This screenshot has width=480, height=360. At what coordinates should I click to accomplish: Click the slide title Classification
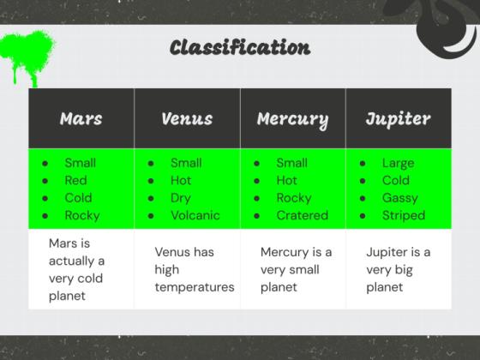240,47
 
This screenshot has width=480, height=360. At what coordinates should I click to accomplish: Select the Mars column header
81,118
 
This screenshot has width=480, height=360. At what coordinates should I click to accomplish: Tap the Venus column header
187,118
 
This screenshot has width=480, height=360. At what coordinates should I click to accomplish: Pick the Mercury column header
293,120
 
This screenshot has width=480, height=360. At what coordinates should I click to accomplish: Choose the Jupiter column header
399,119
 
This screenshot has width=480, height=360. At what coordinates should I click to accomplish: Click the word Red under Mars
75,180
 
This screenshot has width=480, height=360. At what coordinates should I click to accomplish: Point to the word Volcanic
195,215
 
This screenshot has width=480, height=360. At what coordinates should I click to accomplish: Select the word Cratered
302,215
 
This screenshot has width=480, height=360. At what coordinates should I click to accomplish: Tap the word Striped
404,216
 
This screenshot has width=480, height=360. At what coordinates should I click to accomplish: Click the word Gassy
399,198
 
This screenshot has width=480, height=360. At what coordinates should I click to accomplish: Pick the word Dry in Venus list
181,198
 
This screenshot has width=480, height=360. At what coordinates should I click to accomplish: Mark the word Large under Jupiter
398,164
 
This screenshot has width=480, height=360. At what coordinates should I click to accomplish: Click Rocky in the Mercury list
294,198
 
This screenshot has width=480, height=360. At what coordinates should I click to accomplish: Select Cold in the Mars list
78,198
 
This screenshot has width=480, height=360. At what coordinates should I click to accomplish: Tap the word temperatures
195,287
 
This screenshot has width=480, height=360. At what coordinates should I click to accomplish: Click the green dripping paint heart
27,55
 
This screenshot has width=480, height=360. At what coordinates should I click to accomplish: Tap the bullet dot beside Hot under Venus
151,181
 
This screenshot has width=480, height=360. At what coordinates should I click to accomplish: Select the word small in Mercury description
302,270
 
